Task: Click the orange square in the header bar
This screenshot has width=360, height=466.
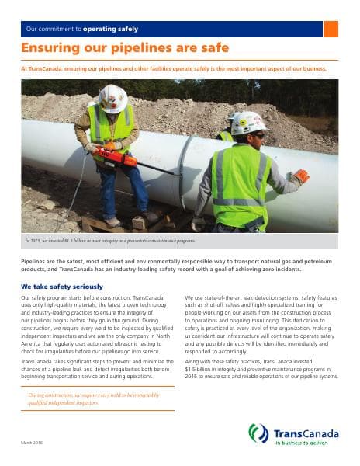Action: pos(331,29)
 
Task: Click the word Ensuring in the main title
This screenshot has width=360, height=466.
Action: pos(49,49)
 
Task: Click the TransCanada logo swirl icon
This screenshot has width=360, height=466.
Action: pos(258,433)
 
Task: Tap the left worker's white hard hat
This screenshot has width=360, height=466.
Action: pos(113,96)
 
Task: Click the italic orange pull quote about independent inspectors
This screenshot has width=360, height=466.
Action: pos(94,398)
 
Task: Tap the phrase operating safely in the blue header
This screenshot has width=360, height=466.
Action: pos(112,29)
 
